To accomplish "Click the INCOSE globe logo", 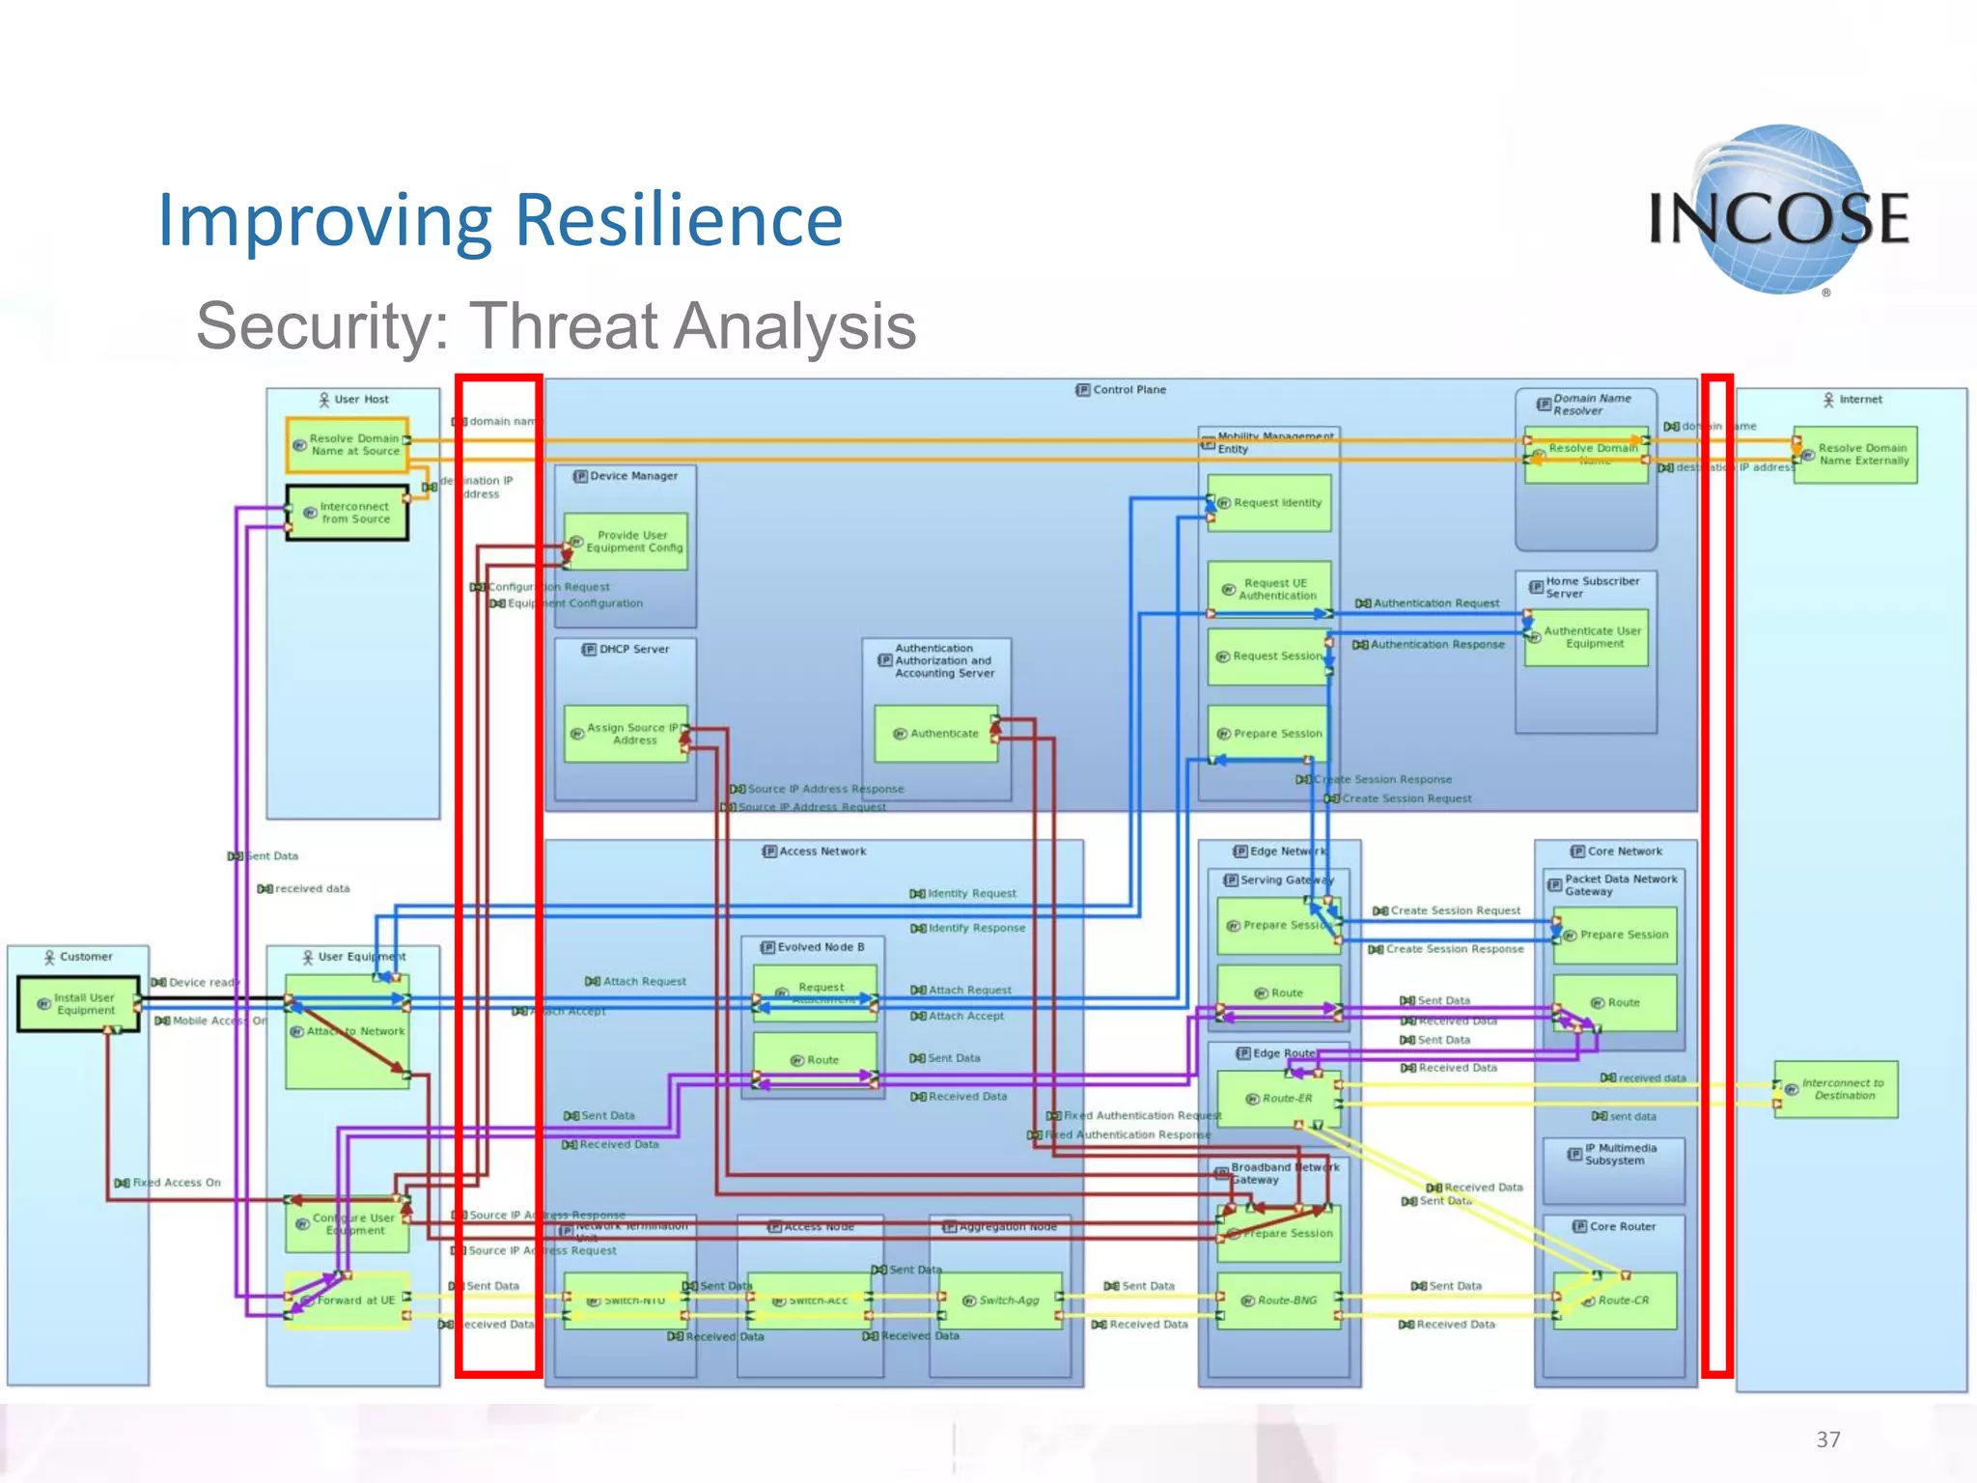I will [x=1778, y=210].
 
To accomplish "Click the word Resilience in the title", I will [x=679, y=220].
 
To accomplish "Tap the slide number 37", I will [x=1827, y=1440].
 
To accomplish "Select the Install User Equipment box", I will [x=79, y=1004].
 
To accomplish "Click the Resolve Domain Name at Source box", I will [x=348, y=444].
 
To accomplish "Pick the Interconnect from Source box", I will [x=348, y=513].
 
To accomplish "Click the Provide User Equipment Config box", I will [x=627, y=542].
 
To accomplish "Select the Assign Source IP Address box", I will [x=626, y=734].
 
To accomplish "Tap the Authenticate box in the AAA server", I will [x=935, y=734].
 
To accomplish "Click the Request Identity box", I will [x=1269, y=503].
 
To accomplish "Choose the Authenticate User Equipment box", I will [x=1586, y=637].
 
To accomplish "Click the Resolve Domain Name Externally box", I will [x=1855, y=455].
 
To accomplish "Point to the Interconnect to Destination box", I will [x=1835, y=1089].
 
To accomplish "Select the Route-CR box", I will [x=1615, y=1301].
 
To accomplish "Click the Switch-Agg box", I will [x=1000, y=1301].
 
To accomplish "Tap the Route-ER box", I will [x=1279, y=1099].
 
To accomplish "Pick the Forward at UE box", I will [x=348, y=1301].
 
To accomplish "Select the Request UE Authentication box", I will [x=1269, y=589].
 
